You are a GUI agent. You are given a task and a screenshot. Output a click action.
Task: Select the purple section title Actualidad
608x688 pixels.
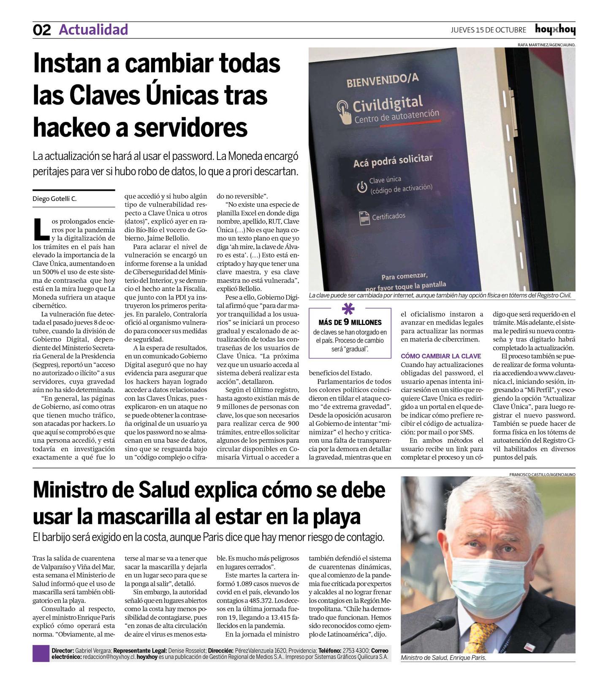tap(93, 30)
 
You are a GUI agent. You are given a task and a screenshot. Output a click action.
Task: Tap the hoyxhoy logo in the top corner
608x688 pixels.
tap(555, 30)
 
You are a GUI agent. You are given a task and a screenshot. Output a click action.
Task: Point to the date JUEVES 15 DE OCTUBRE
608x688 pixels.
tap(488, 30)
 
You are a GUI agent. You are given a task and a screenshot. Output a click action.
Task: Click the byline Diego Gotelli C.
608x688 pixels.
tap(54, 199)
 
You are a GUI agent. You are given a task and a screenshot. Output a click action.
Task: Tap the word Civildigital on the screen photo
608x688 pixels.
tap(387, 103)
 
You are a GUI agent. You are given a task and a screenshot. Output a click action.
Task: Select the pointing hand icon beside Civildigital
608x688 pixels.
tap(344, 111)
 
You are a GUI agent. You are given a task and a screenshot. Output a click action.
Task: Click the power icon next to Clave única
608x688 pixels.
tap(361, 187)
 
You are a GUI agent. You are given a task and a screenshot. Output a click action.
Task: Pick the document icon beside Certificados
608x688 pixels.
tap(364, 218)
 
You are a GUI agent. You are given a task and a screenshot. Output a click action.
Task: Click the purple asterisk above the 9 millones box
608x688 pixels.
tap(348, 309)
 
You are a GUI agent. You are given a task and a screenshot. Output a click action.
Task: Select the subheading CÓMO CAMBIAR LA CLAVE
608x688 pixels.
tap(441, 356)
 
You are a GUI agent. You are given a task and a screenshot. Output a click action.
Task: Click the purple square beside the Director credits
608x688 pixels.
tap(41, 653)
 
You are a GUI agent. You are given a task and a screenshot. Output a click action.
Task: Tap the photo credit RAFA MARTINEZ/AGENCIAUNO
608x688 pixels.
tap(546, 44)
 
